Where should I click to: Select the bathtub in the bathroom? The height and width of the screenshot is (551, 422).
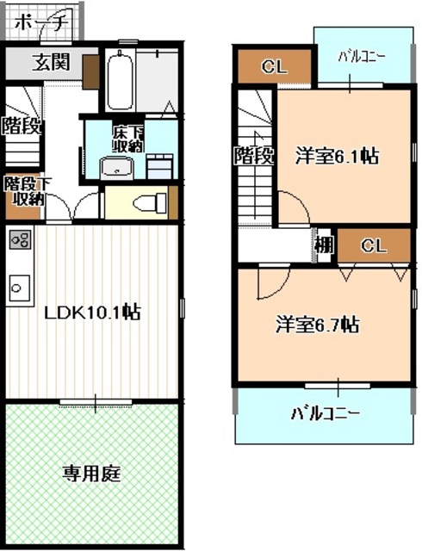[119, 81]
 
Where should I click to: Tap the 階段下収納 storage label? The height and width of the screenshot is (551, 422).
[23, 191]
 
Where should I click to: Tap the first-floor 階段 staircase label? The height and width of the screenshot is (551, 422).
[19, 126]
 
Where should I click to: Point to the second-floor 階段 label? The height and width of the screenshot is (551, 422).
[254, 157]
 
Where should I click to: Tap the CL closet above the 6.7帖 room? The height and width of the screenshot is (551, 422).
[373, 245]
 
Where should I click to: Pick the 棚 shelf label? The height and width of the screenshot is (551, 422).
[324, 245]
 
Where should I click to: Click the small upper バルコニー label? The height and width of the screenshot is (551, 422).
[361, 57]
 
